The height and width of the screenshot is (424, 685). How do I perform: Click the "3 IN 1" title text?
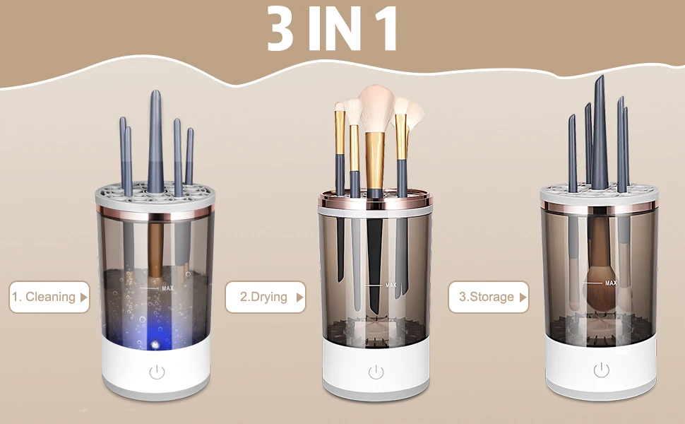click(x=333, y=29)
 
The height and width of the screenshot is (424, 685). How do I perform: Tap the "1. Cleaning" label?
click(x=43, y=297)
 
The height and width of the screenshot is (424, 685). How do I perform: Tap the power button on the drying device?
click(x=376, y=372)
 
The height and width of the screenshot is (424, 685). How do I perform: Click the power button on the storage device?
click(x=601, y=370)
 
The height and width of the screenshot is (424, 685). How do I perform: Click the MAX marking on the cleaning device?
click(x=167, y=288)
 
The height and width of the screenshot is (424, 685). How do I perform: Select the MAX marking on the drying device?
click(x=391, y=285)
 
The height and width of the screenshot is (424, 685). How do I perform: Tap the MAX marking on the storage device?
click(x=610, y=283)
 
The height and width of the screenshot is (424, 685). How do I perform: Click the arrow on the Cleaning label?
click(x=84, y=298)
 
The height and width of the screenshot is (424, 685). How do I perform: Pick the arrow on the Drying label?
click(x=299, y=298)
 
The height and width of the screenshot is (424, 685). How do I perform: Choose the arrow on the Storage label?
click(x=523, y=298)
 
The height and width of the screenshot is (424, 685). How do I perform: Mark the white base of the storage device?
click(x=600, y=371)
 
